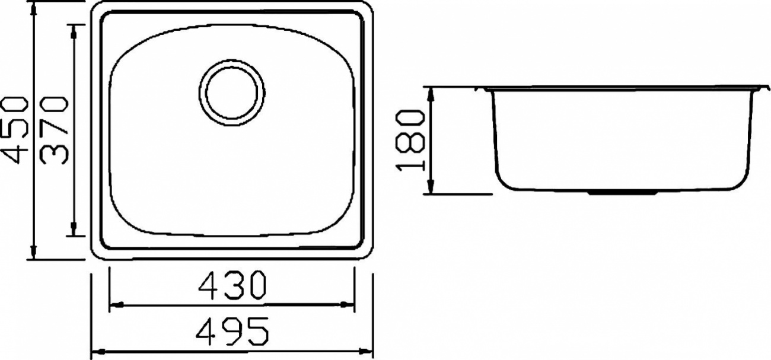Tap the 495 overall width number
pos(232,332)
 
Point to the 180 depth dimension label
pos(410,141)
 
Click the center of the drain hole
pos(232,93)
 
